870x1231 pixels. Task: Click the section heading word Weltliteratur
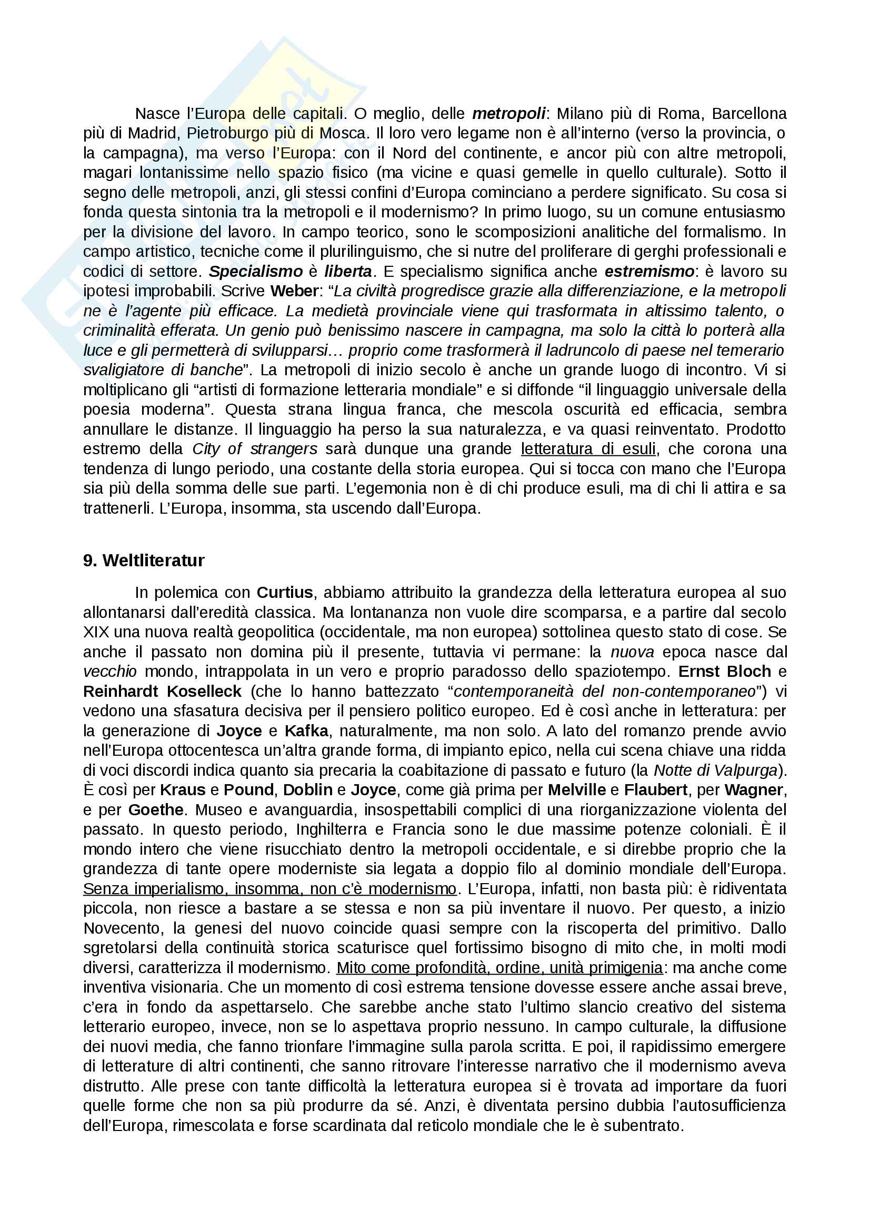(x=153, y=561)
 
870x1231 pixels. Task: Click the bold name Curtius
(x=285, y=593)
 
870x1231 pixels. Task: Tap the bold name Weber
(x=294, y=291)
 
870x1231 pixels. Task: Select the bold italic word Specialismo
(x=256, y=271)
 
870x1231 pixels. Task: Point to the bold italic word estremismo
(x=649, y=271)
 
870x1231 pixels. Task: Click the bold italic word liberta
(x=348, y=271)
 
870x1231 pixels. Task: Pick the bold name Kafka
(x=307, y=731)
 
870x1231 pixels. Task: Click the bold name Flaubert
(x=656, y=790)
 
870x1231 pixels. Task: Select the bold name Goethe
(x=156, y=809)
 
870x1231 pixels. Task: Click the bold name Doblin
(x=308, y=790)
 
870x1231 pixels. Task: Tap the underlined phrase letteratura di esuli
(x=588, y=449)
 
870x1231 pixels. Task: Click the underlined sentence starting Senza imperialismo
(x=269, y=889)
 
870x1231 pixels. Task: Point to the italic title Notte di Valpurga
(x=715, y=770)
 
